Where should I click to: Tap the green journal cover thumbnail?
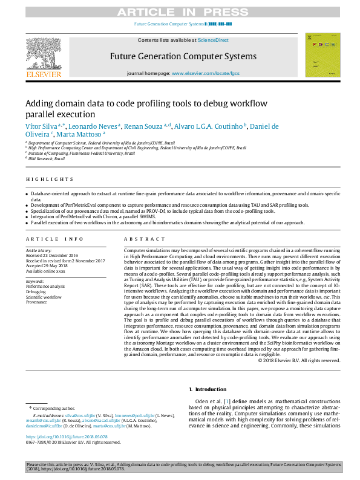(x=322, y=55)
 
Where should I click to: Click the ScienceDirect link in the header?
(x=213, y=40)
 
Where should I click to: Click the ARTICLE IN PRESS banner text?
(x=180, y=11)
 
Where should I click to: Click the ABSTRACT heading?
(x=136, y=239)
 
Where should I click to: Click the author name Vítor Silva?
(x=41, y=126)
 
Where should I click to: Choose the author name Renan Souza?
(x=146, y=126)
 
